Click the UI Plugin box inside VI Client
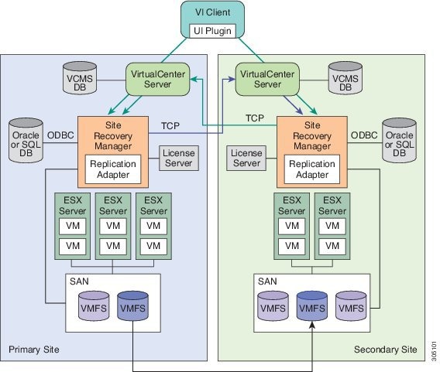pos(212,31)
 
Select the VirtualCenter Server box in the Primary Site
pos(158,80)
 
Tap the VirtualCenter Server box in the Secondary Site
pos(267,80)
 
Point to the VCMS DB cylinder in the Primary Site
pos(80,78)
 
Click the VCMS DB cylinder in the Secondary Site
pos(345,78)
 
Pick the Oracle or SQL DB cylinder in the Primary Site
pos(26,140)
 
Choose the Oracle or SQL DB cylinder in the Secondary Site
pos(399,140)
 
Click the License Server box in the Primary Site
pos(179,158)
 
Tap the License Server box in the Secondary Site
pos(246,158)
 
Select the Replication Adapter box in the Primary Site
pos(113,169)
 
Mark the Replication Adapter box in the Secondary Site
pos(312,169)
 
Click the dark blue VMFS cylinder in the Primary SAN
pos(132,306)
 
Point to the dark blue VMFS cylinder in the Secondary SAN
pos(312,306)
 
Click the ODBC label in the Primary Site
pos(60,135)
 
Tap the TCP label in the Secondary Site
pos(255,118)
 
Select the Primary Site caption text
pos(34,350)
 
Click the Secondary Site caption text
pos(385,350)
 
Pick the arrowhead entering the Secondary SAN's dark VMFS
pos(312,325)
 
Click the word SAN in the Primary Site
pos(79,282)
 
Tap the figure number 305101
pos(434,351)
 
